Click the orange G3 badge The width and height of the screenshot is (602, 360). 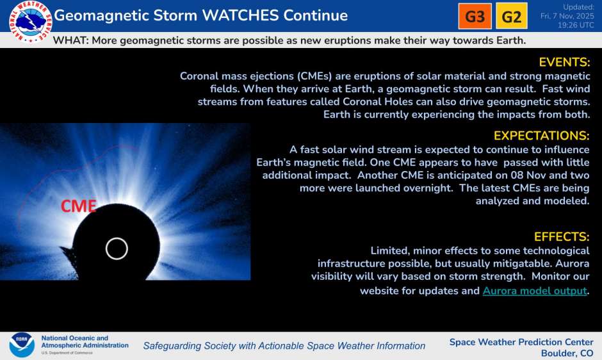pos(475,17)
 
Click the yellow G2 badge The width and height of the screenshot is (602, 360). pos(511,17)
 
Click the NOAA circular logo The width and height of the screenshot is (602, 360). pos(21,345)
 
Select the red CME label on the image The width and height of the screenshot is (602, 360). pos(78,206)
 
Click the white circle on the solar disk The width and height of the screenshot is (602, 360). pos(117,248)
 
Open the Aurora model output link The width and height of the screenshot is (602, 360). pos(535,291)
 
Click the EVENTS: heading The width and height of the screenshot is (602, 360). pos(564,62)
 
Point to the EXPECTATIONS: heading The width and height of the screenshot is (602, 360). pos(541,136)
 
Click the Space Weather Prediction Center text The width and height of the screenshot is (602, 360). pos(521,341)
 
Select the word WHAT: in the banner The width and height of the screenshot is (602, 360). pos(72,40)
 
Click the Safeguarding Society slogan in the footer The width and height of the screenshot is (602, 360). pos(284,346)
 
